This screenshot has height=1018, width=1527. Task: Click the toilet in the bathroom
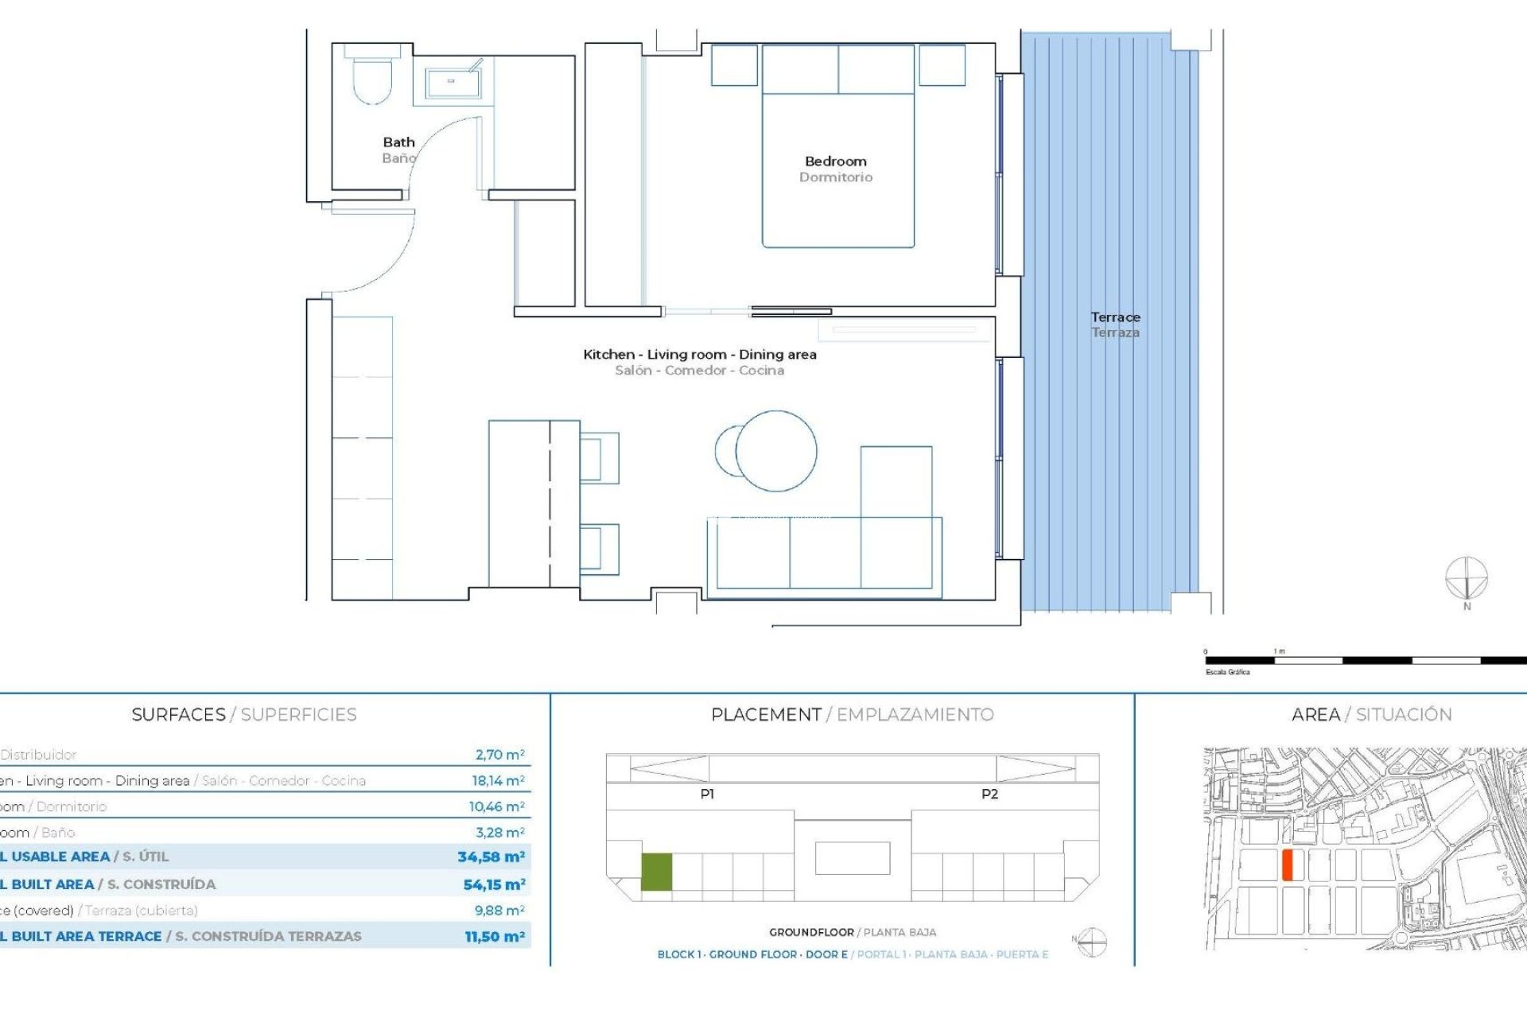(x=372, y=79)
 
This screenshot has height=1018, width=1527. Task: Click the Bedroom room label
(x=835, y=161)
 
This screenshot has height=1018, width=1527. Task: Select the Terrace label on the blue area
(x=1115, y=317)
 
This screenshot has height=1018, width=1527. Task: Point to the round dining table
(x=775, y=451)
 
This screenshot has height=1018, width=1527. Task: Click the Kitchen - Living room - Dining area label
(x=699, y=355)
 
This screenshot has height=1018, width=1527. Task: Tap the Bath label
(x=398, y=142)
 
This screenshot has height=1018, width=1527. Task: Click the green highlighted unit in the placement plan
(x=657, y=872)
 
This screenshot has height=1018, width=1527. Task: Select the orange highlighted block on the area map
(x=1288, y=865)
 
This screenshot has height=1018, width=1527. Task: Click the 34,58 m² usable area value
(x=491, y=857)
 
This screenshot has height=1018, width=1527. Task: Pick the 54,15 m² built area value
(x=494, y=884)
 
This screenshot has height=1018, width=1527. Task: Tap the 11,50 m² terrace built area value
(x=495, y=937)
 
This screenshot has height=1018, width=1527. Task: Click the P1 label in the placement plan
(x=707, y=794)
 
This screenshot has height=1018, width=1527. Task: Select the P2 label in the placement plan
(x=989, y=794)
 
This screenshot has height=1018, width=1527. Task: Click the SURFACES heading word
(x=178, y=714)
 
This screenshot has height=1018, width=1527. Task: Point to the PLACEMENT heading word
(x=766, y=714)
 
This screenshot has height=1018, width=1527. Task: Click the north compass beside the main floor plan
(x=1466, y=579)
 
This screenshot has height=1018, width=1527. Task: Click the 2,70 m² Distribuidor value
(x=499, y=755)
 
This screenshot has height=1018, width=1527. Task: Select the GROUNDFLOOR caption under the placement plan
(x=811, y=932)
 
